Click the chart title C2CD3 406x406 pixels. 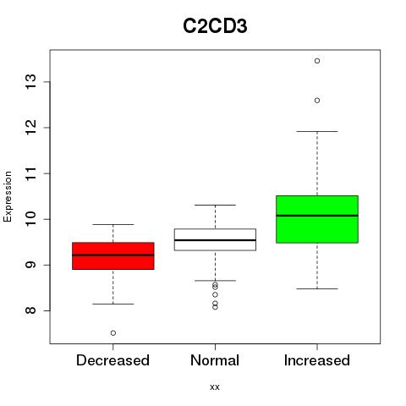[x=215, y=26]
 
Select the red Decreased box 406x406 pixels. [x=113, y=255]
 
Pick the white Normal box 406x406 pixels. [x=215, y=239]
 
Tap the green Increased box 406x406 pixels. [x=317, y=219]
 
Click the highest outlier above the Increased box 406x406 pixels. [x=317, y=61]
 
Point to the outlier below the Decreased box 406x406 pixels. [x=113, y=333]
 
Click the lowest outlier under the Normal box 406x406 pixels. [x=215, y=307]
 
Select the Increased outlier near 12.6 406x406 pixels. [x=317, y=101]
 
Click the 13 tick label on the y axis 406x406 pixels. [x=30, y=82]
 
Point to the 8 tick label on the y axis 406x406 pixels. [x=30, y=310]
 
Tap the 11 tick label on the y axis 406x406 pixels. [x=30, y=173]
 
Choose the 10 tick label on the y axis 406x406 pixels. [x=30, y=219]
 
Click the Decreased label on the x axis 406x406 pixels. [x=112, y=360]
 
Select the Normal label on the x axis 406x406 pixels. [x=215, y=360]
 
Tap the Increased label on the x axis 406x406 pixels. [x=317, y=360]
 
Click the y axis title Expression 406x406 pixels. [x=8, y=196]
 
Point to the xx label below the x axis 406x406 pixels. [x=215, y=387]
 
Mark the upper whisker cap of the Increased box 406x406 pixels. [x=317, y=131]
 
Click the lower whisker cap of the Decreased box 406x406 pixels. [x=113, y=304]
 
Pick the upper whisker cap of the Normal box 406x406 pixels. [x=215, y=205]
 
